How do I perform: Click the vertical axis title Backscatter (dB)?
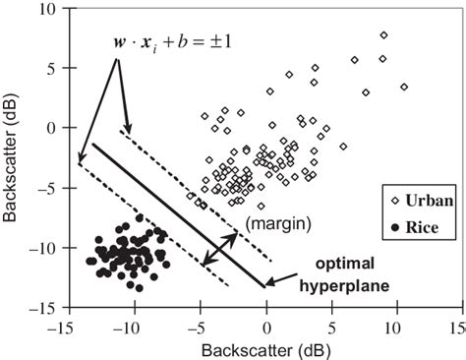click(11, 157)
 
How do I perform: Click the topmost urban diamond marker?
click(383, 36)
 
